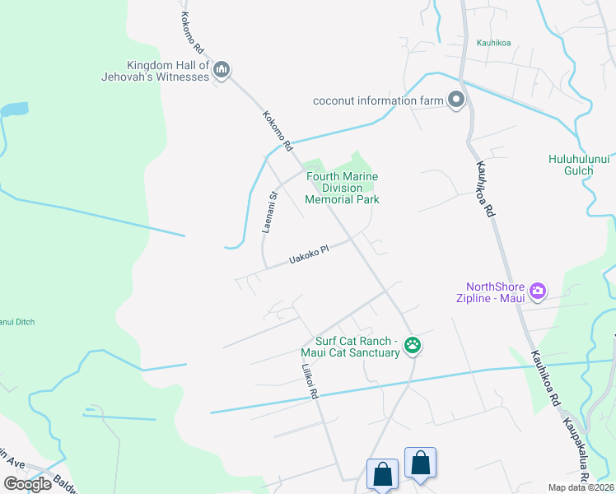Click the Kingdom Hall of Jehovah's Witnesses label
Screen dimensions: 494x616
tap(168, 71)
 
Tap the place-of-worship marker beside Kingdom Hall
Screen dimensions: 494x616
tap(221, 71)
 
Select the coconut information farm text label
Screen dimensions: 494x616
tap(377, 101)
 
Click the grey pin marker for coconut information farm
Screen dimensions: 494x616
tap(456, 100)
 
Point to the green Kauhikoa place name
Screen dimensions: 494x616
tap(494, 43)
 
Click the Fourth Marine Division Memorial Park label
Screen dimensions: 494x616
tap(342, 188)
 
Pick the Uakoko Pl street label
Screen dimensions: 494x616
tap(309, 256)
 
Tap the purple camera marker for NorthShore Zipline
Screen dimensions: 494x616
tap(538, 290)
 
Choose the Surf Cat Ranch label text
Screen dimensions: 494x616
tap(357, 347)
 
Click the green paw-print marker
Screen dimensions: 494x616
tap(413, 347)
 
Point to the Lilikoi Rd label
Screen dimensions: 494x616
tap(310, 382)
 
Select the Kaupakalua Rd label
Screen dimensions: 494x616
tap(576, 453)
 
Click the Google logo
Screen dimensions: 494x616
tap(27, 484)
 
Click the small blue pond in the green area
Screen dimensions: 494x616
tap(14, 110)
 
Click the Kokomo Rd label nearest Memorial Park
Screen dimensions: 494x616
tap(278, 130)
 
